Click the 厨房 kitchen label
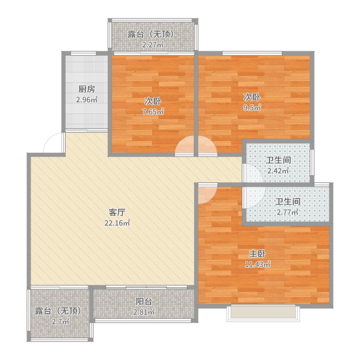point(86,89)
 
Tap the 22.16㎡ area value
point(117,223)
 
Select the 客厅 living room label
point(117,212)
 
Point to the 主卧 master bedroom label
point(257,254)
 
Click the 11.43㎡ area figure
point(257,264)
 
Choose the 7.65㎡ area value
point(153,112)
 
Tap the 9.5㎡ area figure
point(252,108)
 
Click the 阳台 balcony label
point(144,301)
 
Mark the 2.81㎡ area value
point(144,312)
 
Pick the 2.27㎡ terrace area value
point(153,45)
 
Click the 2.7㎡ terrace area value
point(60,321)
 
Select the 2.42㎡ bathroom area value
point(278,171)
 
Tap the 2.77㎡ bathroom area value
point(288,212)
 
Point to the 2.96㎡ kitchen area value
point(87,100)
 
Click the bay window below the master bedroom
point(263,313)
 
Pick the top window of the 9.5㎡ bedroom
point(252,54)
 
